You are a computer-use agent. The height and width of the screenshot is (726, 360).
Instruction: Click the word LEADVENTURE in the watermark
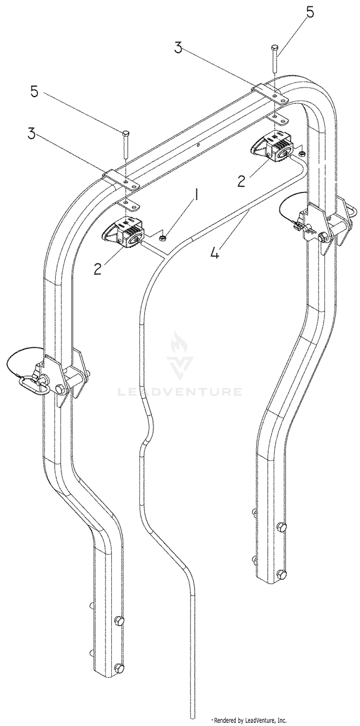pyautogui.click(x=180, y=392)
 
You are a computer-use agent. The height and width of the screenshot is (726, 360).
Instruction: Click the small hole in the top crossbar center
pyautogui.click(x=197, y=145)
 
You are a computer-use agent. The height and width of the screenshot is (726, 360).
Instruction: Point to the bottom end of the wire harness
pyautogui.click(x=190, y=718)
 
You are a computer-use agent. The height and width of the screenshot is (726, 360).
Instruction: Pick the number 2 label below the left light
pyautogui.click(x=97, y=269)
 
